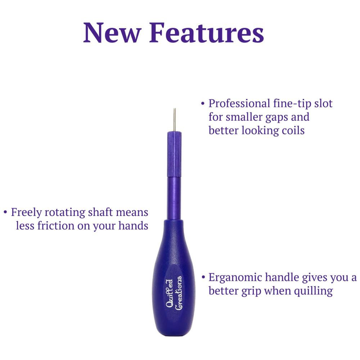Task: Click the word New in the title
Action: coord(112,32)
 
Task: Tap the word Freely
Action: coord(26,212)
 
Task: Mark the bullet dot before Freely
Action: coord(5,212)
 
